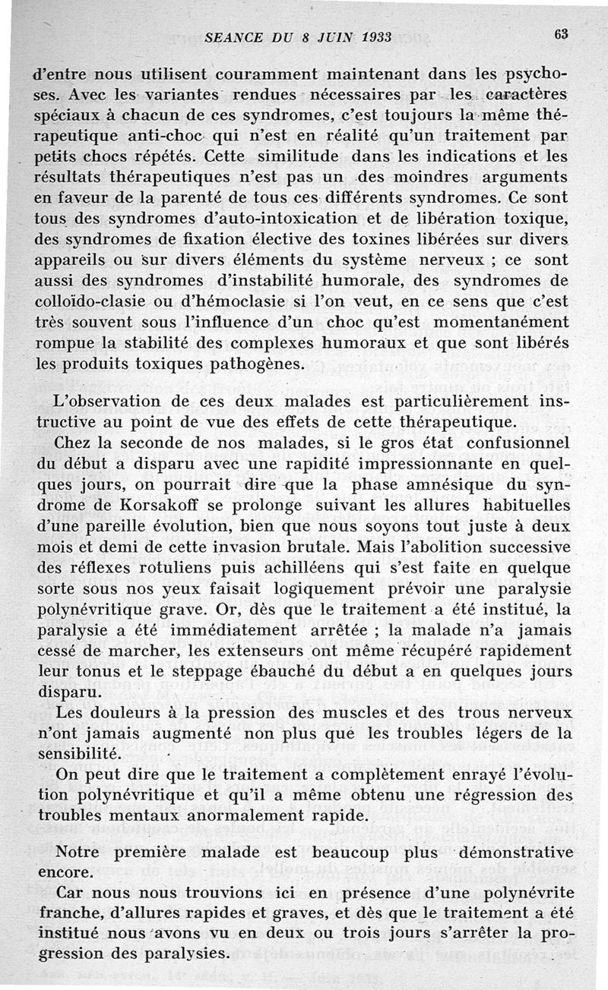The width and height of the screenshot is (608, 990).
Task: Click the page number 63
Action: tap(562, 35)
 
